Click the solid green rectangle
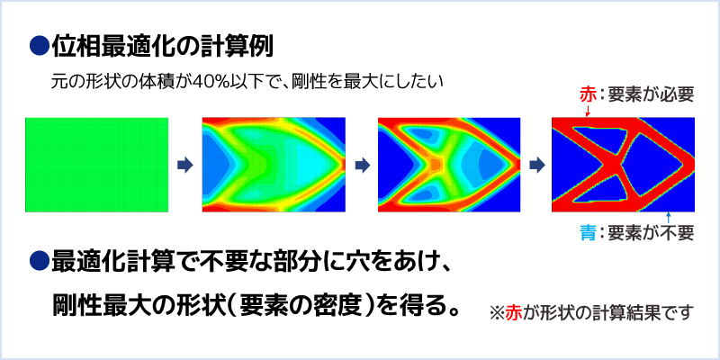coord(96,165)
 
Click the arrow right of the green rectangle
coord(185,166)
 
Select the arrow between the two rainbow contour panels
coord(362,166)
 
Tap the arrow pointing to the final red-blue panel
coord(536,166)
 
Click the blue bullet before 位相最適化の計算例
coord(39,46)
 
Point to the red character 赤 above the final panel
coord(589,95)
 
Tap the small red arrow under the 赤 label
coord(589,110)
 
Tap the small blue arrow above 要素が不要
coord(668,218)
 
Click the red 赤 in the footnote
coord(513,313)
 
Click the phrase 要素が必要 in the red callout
coord(650,95)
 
